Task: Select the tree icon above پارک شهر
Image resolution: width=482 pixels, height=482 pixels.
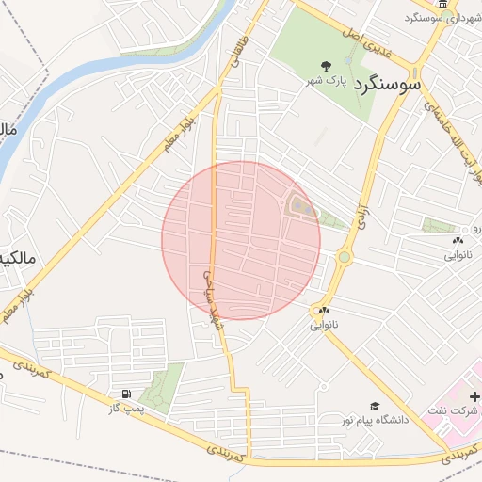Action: (326, 66)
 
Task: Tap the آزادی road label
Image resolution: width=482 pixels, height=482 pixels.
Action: (361, 216)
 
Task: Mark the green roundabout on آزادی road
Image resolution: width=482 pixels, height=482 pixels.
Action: (345, 256)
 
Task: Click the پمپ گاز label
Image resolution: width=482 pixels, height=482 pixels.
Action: (123, 407)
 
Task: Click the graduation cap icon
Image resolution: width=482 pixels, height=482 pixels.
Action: (375, 406)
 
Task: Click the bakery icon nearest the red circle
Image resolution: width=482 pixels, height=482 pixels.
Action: (324, 311)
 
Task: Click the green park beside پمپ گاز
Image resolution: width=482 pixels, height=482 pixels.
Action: (162, 387)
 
